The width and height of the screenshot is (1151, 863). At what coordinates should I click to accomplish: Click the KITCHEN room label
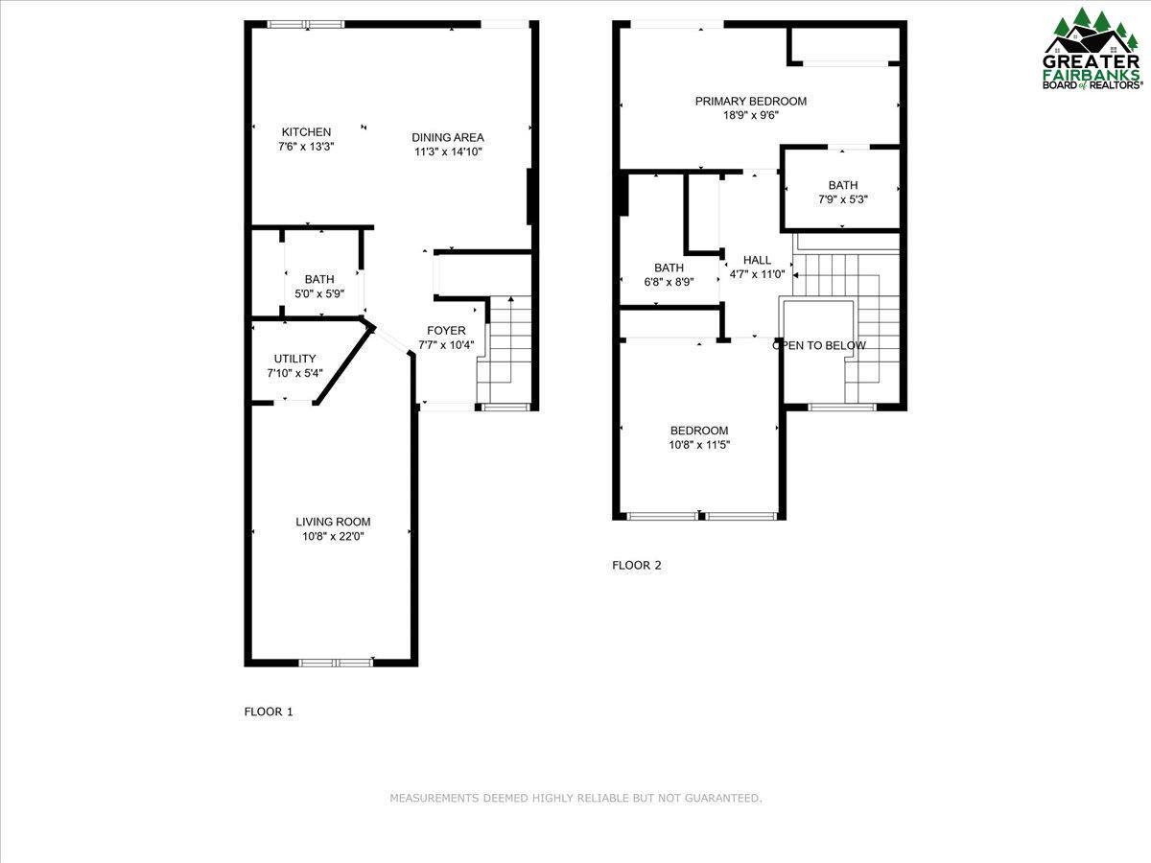coord(306,132)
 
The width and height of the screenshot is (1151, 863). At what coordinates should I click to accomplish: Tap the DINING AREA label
coord(448,137)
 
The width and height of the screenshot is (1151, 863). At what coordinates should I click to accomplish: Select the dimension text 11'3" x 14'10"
coord(448,152)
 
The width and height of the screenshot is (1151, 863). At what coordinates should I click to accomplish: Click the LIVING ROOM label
coord(333,522)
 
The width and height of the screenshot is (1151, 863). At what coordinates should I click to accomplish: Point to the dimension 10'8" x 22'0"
coord(333,537)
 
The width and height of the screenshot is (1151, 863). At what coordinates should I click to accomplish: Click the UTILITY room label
coord(294,359)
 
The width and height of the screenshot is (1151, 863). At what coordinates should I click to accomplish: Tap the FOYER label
coord(446,331)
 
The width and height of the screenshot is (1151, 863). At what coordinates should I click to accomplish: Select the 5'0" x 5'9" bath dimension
coord(319,294)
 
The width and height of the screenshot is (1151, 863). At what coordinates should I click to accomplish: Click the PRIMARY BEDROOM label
coord(751,101)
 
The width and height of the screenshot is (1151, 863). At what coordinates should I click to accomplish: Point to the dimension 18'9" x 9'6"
coord(751,115)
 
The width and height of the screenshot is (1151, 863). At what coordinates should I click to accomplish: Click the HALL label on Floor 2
coord(757,260)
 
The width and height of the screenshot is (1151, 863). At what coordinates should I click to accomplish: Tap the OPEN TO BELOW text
coord(819,345)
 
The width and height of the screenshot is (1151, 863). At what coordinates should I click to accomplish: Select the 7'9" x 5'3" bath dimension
coord(843,200)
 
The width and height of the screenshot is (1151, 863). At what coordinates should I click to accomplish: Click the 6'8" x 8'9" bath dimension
coord(669,283)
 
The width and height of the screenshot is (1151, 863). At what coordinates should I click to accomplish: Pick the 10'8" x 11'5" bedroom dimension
coord(699,445)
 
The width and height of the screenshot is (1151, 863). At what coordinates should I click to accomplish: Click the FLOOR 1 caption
coord(269,711)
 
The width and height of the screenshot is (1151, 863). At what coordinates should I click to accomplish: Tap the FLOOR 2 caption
coord(637,565)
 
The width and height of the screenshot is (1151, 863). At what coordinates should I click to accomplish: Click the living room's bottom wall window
coord(336,662)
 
